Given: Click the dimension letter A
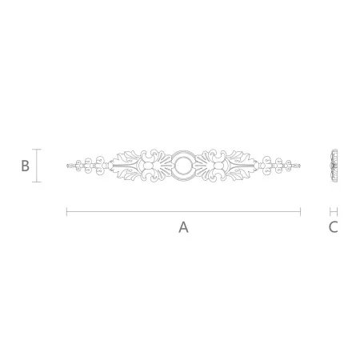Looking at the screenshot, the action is pyautogui.click(x=183, y=227).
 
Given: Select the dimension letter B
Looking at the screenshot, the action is pyautogui.click(x=25, y=166).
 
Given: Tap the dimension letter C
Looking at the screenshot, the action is pyautogui.click(x=334, y=227).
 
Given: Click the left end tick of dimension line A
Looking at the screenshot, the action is pyautogui.click(x=66, y=212).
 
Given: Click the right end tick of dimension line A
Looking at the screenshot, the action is pyautogui.click(x=301, y=212).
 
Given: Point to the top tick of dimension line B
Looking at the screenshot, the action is pyautogui.click(x=37, y=150).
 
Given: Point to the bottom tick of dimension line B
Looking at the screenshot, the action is pyautogui.click(x=37, y=182).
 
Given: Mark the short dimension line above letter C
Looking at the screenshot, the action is pyautogui.click(x=334, y=212).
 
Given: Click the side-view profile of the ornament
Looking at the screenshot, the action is pyautogui.click(x=334, y=166).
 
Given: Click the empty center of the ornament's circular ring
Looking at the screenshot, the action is pyautogui.click(x=183, y=166).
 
